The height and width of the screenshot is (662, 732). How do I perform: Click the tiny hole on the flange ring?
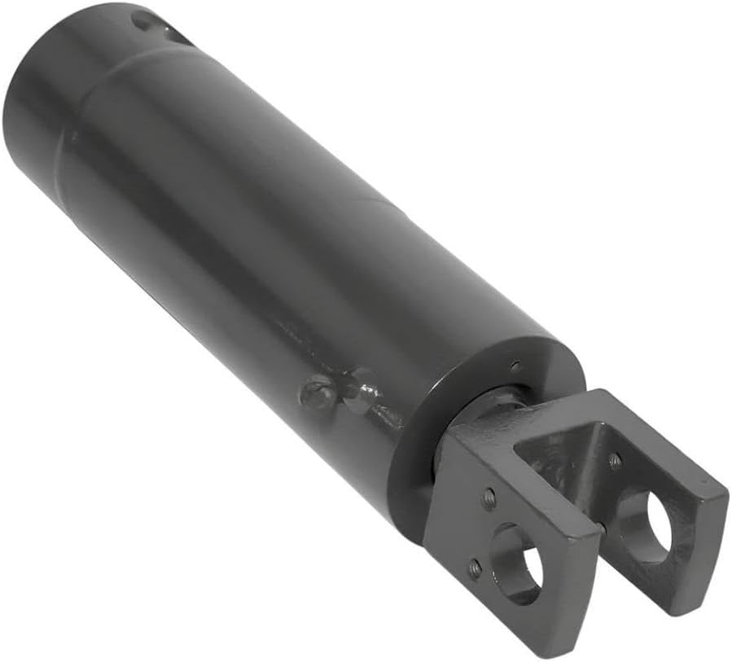(515, 365)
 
